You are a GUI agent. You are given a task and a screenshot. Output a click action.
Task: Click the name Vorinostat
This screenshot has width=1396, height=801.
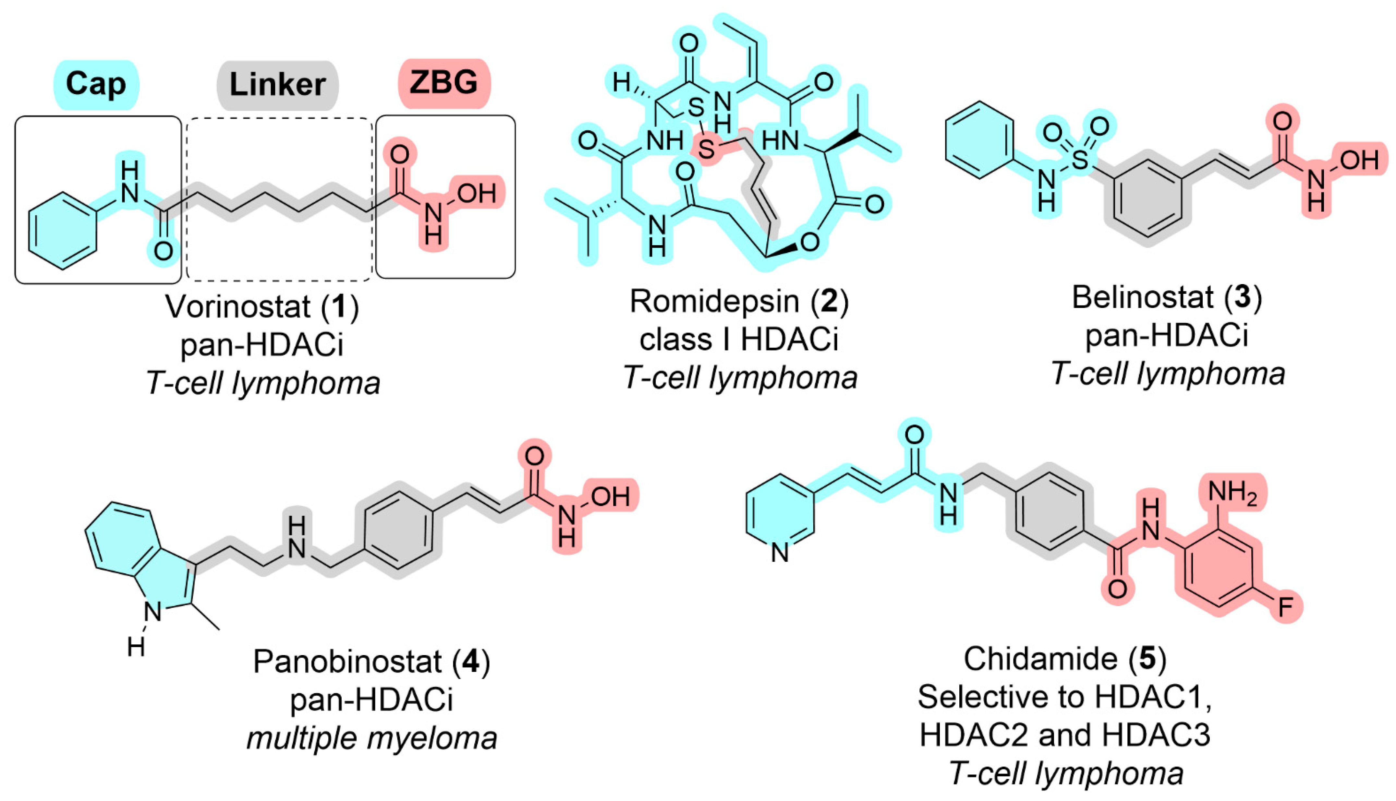click(238, 306)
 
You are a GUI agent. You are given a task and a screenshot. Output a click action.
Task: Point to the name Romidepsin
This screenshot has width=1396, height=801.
click(714, 301)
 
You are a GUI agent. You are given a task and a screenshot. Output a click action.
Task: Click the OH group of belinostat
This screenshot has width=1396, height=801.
click(1359, 160)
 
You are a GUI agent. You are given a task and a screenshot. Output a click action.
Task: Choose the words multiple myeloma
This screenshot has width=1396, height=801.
click(371, 738)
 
